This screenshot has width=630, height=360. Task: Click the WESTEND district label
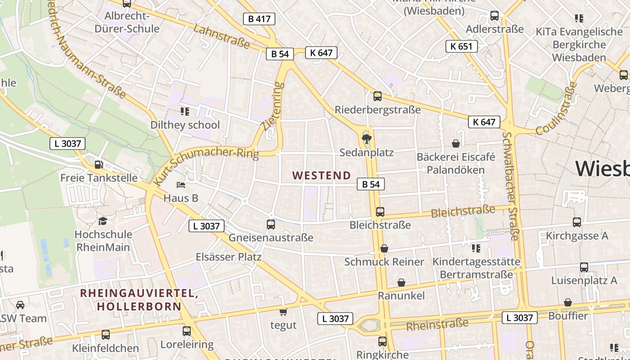pos(321,175)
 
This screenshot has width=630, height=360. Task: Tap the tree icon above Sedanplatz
pos(367,138)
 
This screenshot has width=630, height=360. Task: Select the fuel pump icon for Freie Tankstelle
pos(99,165)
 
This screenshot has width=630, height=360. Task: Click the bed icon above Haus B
pos(181,184)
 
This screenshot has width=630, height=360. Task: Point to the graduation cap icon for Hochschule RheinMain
pos(103,221)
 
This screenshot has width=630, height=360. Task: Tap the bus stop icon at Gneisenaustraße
pos(271,224)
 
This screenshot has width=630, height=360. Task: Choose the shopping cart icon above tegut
pos(283,312)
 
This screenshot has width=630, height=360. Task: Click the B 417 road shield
pos(259,19)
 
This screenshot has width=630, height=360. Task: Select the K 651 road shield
pos(461,46)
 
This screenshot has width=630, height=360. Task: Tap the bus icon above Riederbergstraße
pos(378,96)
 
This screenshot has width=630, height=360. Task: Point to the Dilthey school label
pos(185,125)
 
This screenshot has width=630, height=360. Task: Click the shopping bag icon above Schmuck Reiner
pos(384,248)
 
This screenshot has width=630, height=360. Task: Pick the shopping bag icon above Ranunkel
pos(401,283)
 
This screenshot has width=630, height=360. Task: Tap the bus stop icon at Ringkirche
pos(382,342)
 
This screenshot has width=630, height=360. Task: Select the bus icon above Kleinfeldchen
pos(106,335)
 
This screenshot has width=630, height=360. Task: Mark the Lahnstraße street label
pos(221,36)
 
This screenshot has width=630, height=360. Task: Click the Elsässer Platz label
pos(229,257)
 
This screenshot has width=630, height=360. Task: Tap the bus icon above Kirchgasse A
pos(577,222)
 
